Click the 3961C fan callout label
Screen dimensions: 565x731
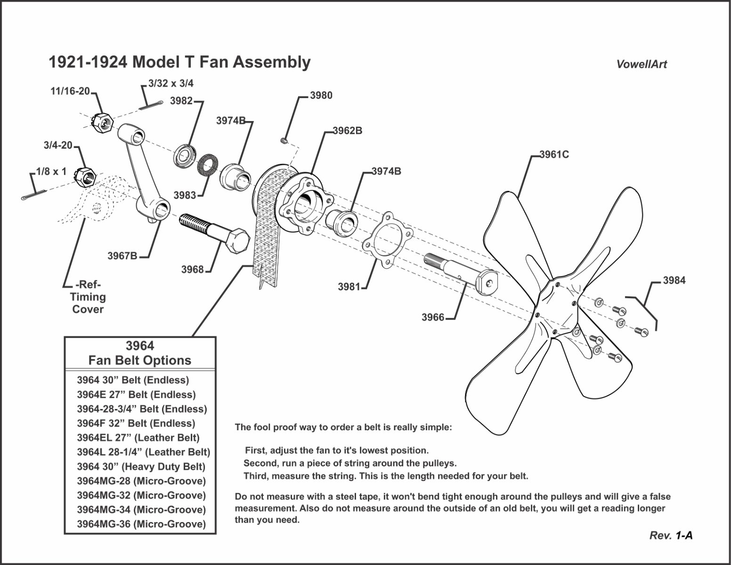point(554,154)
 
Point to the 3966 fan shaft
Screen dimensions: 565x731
point(459,273)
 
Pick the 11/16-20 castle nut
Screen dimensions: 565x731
point(104,123)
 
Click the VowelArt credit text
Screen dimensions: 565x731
point(642,65)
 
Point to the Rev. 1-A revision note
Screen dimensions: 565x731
point(671,535)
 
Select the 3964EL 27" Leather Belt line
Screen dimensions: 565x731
point(138,438)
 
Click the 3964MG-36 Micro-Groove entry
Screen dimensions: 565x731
point(141,524)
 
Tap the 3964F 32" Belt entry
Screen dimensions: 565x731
point(136,423)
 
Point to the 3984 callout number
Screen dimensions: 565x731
point(674,280)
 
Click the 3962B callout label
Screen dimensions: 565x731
point(347,131)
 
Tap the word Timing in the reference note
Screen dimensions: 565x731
point(88,297)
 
